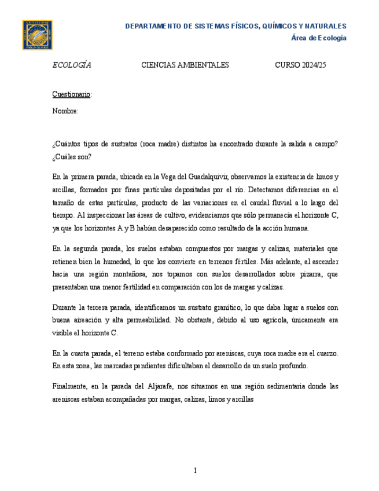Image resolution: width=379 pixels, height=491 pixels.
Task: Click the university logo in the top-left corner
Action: click(x=37, y=35)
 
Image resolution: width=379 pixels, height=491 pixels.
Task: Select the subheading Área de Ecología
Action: click(x=318, y=38)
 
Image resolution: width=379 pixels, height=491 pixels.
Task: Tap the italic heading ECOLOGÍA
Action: click(x=72, y=65)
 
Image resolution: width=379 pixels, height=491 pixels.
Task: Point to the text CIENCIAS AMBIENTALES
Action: click(x=185, y=65)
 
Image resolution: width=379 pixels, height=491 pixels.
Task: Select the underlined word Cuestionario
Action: click(x=71, y=94)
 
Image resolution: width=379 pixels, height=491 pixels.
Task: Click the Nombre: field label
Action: click(x=65, y=111)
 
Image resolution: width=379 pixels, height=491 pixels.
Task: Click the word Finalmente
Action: click(x=70, y=386)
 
